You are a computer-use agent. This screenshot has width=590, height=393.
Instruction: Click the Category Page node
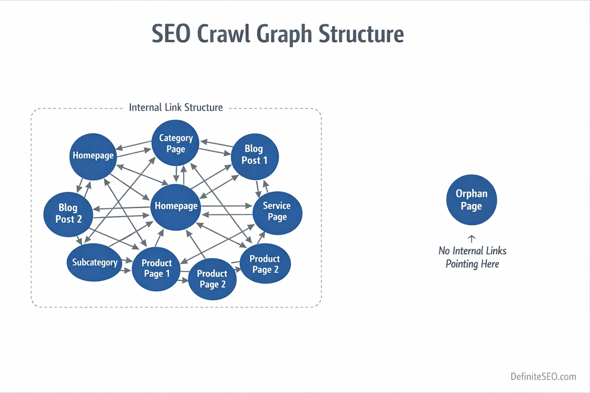(176, 143)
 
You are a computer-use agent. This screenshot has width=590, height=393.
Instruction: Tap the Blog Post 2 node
(68, 213)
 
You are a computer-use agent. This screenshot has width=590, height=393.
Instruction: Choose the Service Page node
(277, 211)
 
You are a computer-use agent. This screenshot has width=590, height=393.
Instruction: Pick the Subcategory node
(95, 262)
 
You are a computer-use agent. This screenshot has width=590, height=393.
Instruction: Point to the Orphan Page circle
(471, 200)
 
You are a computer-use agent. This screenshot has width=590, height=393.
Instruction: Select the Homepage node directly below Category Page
(176, 206)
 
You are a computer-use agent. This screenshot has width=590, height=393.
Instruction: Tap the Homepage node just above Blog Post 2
(93, 156)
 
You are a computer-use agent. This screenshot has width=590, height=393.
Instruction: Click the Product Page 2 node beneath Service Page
(265, 264)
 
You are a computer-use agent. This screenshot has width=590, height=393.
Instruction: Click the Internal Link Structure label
(176, 107)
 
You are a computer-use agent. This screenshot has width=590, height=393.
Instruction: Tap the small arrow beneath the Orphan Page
(471, 239)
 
